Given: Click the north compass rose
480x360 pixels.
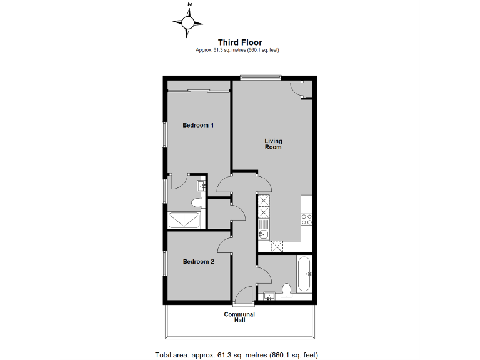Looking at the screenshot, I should (188, 22).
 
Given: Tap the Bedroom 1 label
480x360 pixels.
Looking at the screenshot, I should (198, 125).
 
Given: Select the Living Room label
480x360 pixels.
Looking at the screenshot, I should (273, 144).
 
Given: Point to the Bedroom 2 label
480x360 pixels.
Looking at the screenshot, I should (198, 262).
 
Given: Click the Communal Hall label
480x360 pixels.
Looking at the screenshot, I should (239, 317).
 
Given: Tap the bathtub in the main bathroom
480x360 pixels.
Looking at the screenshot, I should (305, 273).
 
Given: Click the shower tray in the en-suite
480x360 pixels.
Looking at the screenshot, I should (185, 220).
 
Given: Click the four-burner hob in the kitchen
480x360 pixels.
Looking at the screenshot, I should (307, 219).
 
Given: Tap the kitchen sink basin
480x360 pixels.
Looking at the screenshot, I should (264, 234).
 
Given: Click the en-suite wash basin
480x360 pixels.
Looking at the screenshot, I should (201, 185).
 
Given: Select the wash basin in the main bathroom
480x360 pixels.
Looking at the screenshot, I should (269, 295).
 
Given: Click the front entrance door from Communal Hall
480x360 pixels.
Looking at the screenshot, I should (245, 296).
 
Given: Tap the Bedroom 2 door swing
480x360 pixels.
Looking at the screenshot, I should (226, 246).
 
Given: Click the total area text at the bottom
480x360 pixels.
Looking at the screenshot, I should (239, 354).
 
